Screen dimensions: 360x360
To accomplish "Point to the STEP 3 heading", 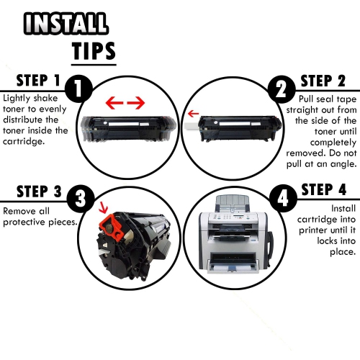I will tap(32, 192).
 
